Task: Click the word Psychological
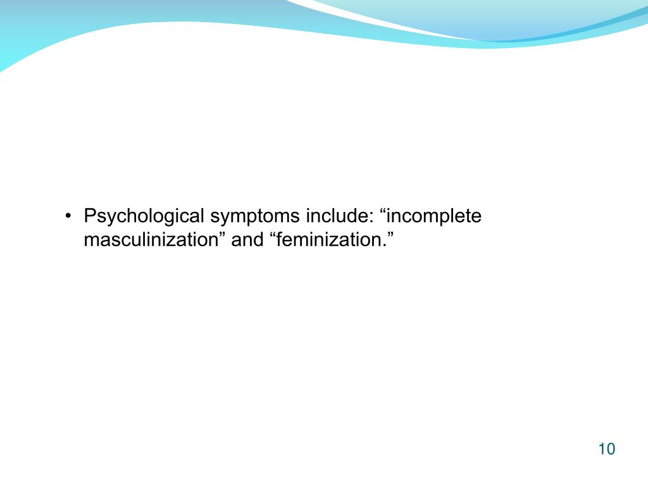tap(144, 217)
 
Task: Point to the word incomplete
tap(435, 217)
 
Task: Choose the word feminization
tap(330, 240)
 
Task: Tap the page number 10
tap(606, 449)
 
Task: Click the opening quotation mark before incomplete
tap(382, 211)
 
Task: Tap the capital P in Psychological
tap(90, 216)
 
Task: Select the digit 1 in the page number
tap(601, 449)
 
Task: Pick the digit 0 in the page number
tap(610, 449)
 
